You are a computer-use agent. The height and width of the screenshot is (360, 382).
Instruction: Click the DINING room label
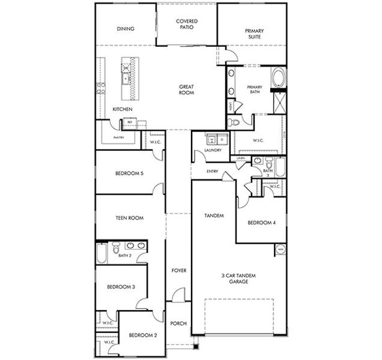tap(126, 29)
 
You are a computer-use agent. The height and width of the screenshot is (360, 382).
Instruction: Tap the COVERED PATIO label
tap(187, 25)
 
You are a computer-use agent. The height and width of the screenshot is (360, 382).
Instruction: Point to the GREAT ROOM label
tap(186, 90)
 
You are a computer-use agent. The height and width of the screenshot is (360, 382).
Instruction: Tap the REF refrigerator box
tap(129, 122)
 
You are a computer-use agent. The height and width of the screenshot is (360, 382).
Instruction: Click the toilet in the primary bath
tap(234, 122)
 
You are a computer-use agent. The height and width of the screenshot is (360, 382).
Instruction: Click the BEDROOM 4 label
tap(261, 223)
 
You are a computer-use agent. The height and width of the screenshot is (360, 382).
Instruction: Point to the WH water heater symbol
tap(280, 248)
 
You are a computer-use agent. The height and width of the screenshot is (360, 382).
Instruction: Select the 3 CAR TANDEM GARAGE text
tap(238, 278)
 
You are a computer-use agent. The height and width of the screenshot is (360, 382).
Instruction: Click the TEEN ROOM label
tap(129, 218)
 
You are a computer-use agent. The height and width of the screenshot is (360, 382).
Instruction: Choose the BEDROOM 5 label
tap(129, 174)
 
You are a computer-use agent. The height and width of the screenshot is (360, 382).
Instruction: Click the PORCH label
tap(178, 323)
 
